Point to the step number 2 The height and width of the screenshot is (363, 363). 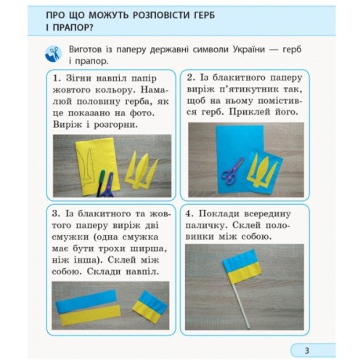tap(191, 77)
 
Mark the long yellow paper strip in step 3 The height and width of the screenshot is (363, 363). tap(86, 311)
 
